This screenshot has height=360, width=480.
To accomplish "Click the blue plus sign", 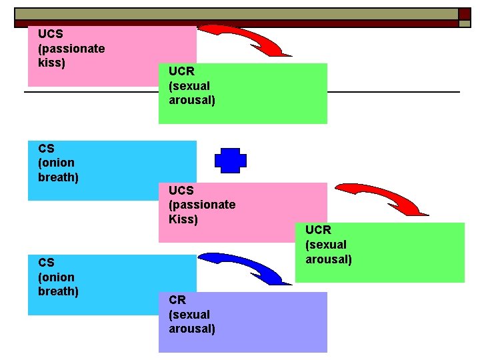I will click(x=231, y=160).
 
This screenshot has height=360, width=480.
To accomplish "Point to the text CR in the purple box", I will click(x=177, y=300).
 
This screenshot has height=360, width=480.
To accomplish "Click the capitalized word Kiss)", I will click(x=183, y=219).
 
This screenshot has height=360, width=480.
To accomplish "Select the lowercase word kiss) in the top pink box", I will click(x=51, y=63).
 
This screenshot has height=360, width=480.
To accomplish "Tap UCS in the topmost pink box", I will click(x=51, y=33).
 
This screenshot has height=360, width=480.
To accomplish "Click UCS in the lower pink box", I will click(x=182, y=190).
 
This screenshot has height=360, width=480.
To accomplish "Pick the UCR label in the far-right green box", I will click(x=319, y=230).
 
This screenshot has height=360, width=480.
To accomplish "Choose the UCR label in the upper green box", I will click(x=182, y=71).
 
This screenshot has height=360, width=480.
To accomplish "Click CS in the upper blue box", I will click(x=47, y=148).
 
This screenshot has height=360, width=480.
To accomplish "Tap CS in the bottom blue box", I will click(x=47, y=263).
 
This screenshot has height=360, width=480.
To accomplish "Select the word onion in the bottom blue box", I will click(x=57, y=277).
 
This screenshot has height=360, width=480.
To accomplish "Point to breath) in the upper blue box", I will click(x=59, y=177).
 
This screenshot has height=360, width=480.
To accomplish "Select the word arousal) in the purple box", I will click(x=192, y=329).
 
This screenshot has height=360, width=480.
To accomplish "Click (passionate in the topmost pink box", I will click(x=71, y=48).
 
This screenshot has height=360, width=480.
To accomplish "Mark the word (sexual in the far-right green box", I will click(x=326, y=245).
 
